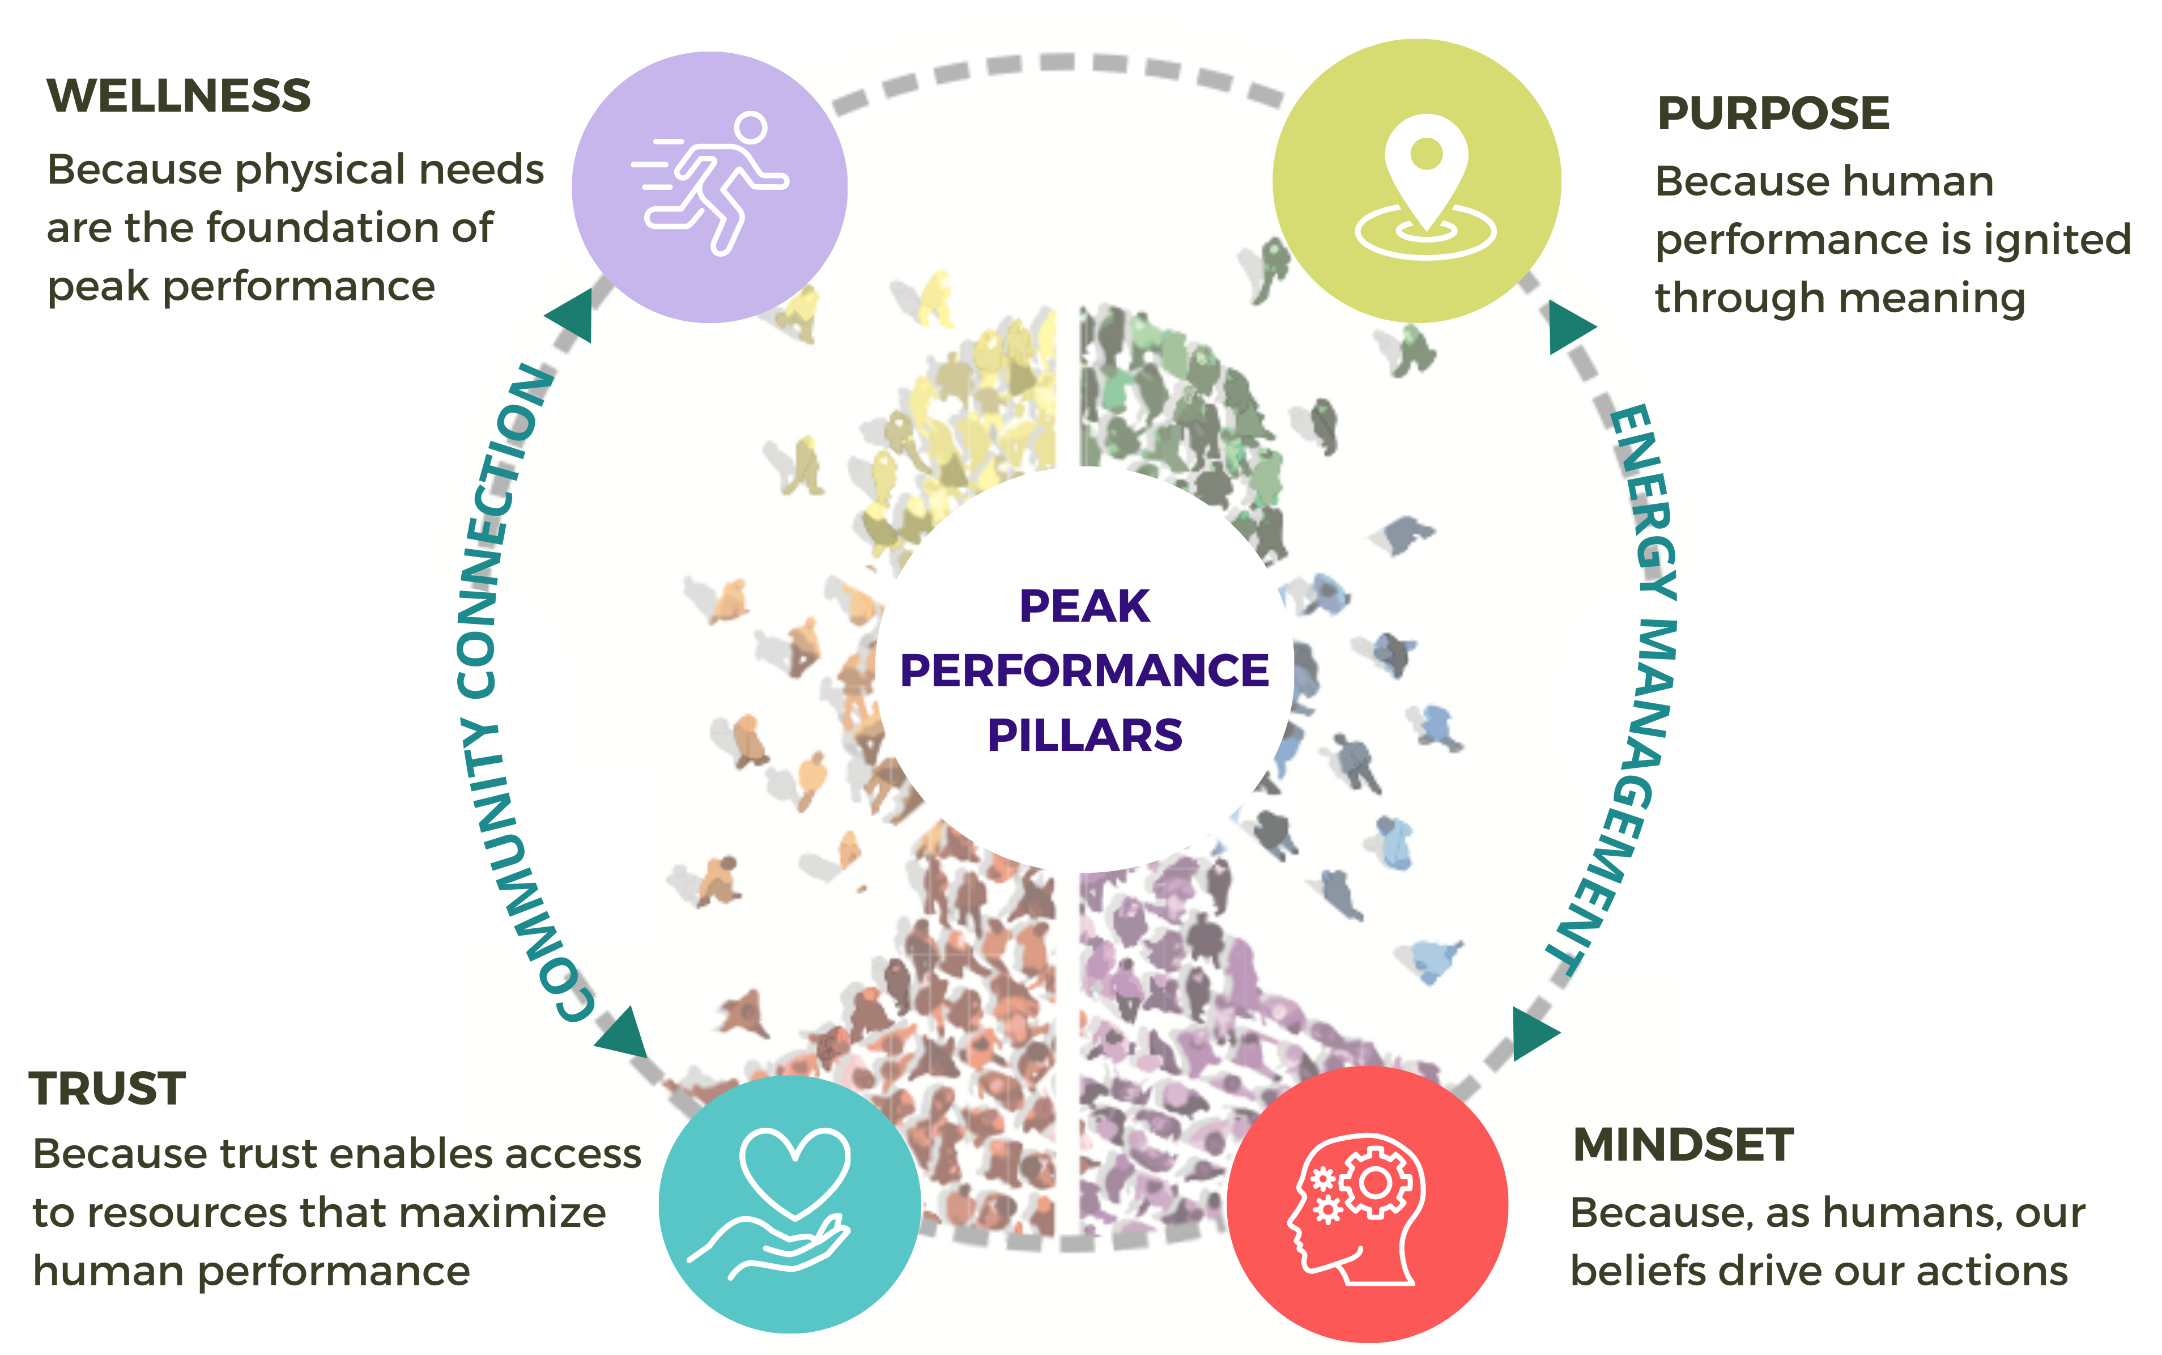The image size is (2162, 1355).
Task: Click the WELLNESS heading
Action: [178, 96]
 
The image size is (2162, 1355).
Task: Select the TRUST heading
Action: [108, 1089]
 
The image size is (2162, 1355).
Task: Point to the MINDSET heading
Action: [1683, 1145]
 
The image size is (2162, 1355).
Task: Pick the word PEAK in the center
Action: [1084, 607]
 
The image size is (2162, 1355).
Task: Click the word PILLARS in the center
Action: [1084, 736]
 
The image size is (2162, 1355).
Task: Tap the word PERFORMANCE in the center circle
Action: [1084, 670]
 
